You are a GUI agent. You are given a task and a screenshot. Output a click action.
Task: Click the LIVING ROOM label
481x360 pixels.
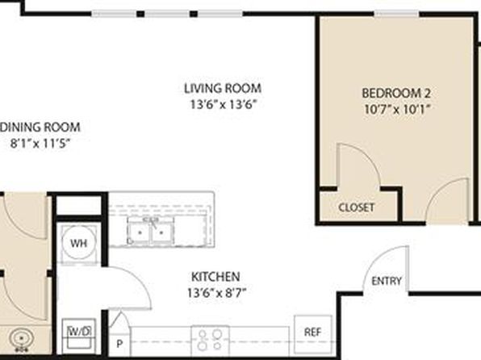click(223, 89)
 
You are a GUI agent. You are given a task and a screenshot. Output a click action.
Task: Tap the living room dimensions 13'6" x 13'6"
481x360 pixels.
click(223, 105)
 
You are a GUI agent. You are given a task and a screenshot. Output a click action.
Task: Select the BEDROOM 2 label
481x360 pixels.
click(396, 93)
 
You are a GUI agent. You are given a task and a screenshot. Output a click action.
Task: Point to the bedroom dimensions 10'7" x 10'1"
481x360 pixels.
click(396, 109)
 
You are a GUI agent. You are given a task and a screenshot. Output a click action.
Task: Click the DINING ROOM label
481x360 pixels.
click(40, 127)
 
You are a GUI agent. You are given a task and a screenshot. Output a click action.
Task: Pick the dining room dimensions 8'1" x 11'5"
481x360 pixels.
click(40, 144)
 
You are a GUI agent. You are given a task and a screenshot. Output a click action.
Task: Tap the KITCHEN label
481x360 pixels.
click(215, 277)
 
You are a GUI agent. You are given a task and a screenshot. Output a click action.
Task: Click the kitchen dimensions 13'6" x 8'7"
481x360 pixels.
click(217, 293)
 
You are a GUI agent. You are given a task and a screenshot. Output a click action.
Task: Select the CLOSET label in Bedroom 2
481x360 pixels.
click(357, 207)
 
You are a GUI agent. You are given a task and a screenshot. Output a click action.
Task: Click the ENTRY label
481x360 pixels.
click(387, 281)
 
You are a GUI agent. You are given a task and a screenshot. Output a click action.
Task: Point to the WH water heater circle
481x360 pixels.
click(79, 243)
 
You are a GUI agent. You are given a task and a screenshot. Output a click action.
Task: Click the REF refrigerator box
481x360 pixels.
click(313, 334)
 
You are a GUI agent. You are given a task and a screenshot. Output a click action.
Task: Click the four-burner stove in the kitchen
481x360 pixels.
click(210, 340)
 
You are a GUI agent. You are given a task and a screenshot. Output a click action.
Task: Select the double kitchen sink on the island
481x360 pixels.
click(151, 231)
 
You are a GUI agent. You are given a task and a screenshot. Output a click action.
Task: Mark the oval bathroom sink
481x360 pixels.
click(22, 339)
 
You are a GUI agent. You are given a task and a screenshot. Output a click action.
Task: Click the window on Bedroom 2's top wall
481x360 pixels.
click(396, 14)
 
